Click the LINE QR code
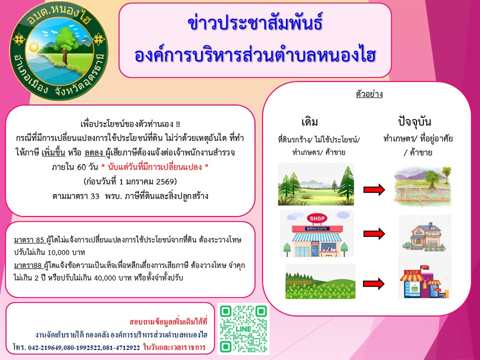pyautogui.click(x=243, y=329)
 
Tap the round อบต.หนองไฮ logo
pyautogui.click(x=59, y=51)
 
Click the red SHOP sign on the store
pyautogui.click(x=317, y=218)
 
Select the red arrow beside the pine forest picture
pyautogui.click(x=374, y=189)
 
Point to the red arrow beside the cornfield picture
pyautogui.click(x=373, y=283)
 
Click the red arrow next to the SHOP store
pyautogui.click(x=374, y=234)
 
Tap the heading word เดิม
pyautogui.click(x=310, y=122)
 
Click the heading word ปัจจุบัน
pyautogui.click(x=414, y=121)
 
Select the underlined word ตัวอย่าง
pyautogui.click(x=369, y=93)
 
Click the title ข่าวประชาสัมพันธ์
pyautogui.click(x=255, y=23)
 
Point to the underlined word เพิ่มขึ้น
pyautogui.click(x=53, y=152)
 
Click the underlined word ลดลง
pyautogui.click(x=93, y=152)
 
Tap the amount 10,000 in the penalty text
pyautogui.click(x=59, y=252)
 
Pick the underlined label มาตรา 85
pyautogui.click(x=29, y=239)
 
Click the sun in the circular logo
pyautogui.click(x=33, y=48)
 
